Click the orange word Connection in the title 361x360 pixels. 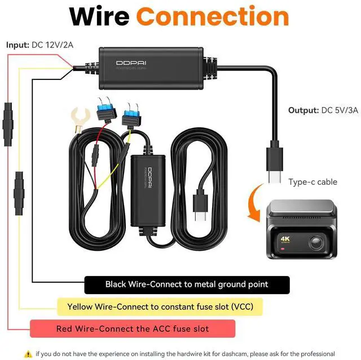click(213, 17)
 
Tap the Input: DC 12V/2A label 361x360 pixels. click(39, 44)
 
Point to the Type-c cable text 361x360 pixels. click(313, 182)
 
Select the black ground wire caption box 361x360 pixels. click(187, 285)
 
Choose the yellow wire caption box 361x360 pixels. click(160, 307)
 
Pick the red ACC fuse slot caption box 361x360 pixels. click(133, 328)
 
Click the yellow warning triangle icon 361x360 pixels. click(27, 354)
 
